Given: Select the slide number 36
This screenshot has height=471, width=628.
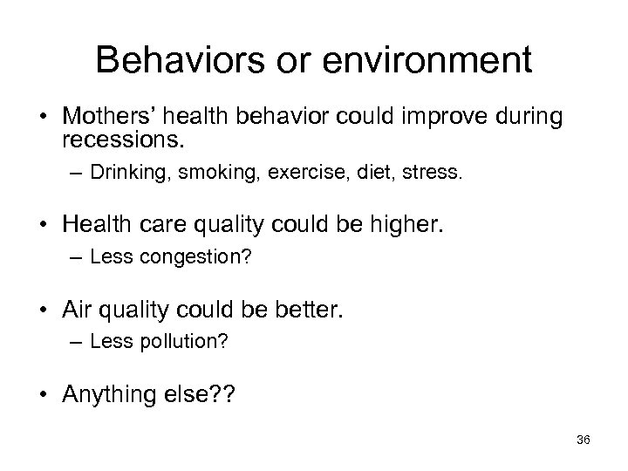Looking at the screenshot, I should pos(584,440).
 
